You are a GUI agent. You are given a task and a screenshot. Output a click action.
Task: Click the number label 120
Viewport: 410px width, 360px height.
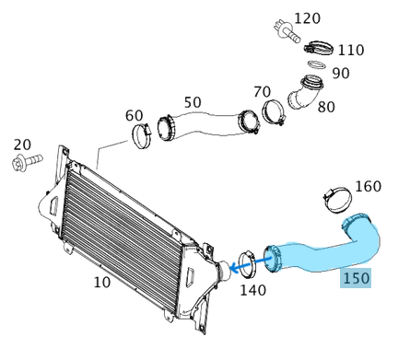[307, 18]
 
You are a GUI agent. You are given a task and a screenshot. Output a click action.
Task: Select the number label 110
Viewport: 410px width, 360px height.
[350, 51]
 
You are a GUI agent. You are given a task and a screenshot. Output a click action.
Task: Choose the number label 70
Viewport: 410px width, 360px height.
[262, 91]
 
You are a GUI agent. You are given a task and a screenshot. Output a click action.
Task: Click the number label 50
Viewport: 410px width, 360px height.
[193, 101]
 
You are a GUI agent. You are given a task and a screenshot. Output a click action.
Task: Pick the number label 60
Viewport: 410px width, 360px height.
[135, 115]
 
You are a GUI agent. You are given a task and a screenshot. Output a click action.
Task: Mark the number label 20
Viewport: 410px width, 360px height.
[21, 145]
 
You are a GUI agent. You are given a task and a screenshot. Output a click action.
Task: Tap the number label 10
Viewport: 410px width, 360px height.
[102, 282]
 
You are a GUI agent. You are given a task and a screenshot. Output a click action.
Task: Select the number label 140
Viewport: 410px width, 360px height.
[252, 290]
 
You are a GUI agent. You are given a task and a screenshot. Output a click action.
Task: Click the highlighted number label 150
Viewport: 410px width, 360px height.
[356, 277]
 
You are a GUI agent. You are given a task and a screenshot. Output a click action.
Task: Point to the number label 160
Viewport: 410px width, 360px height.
[368, 187]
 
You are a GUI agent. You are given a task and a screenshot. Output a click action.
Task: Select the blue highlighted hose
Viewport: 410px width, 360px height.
[332, 250]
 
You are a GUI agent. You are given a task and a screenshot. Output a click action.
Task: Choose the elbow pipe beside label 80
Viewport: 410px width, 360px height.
[307, 94]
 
